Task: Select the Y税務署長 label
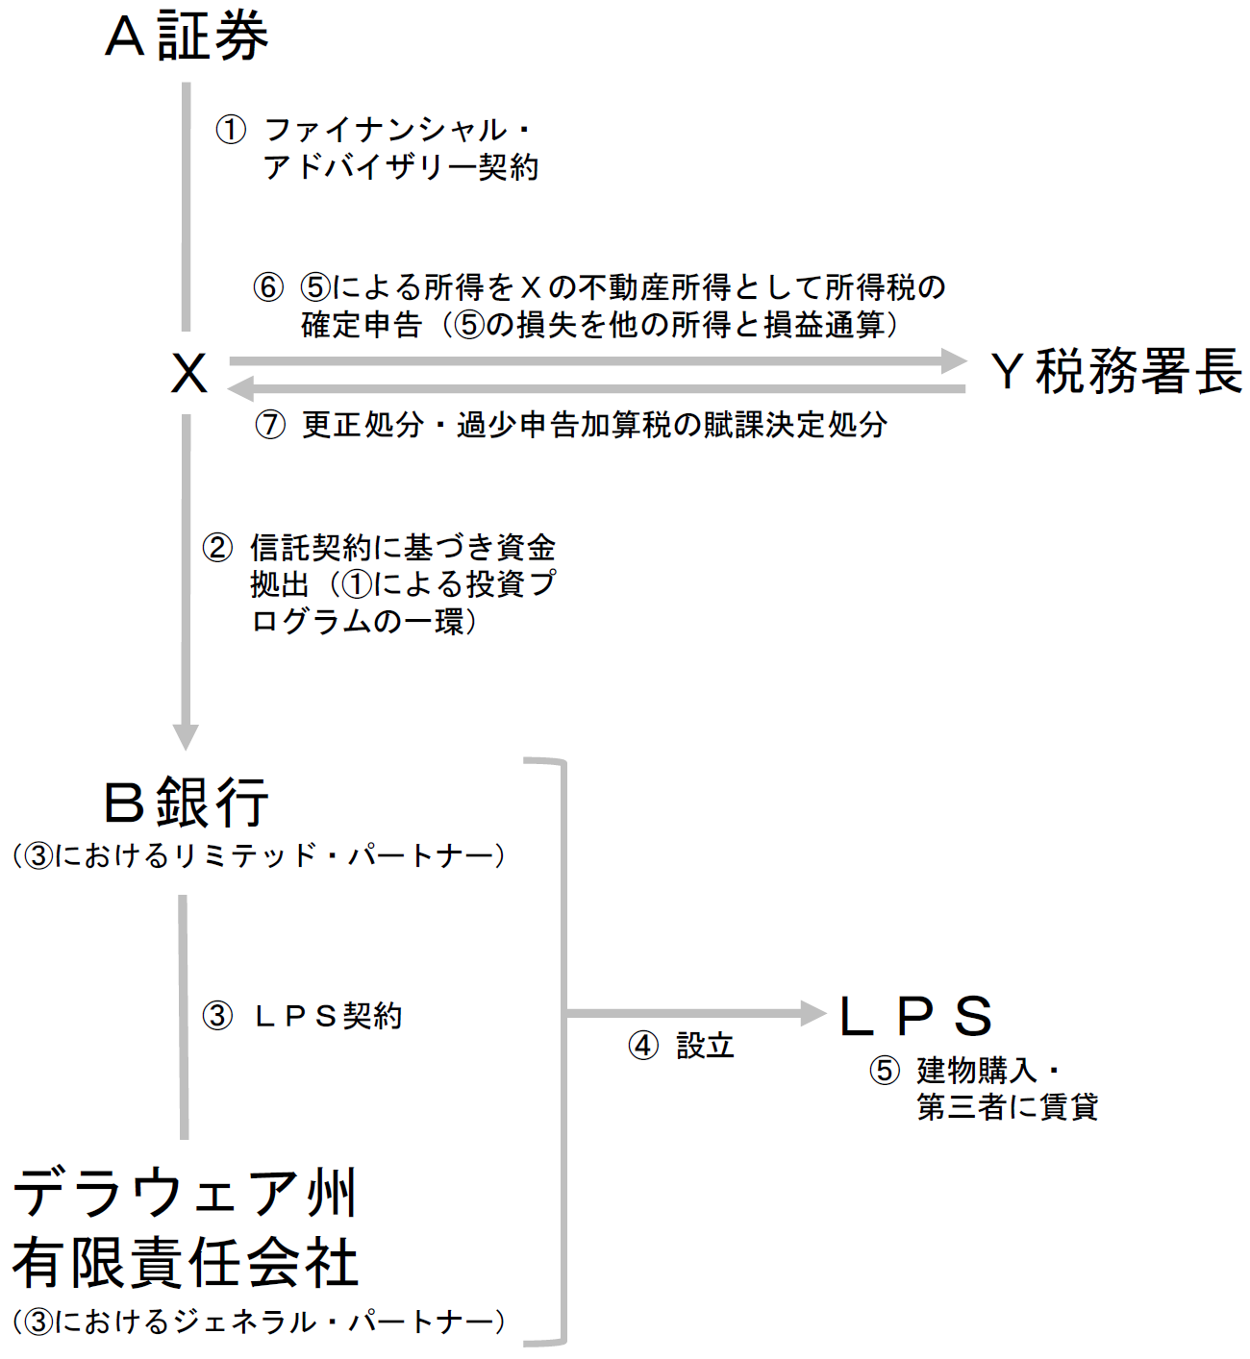pyautogui.click(x=1115, y=372)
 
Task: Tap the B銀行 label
pyautogui.click(x=187, y=803)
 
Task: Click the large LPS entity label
pyautogui.click(x=915, y=1017)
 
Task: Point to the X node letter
pyautogui.click(x=189, y=373)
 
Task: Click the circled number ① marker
pyautogui.click(x=231, y=130)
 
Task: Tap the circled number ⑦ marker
pyautogui.click(x=270, y=424)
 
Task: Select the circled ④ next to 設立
pyautogui.click(x=643, y=1046)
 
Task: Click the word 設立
pyautogui.click(x=705, y=1046)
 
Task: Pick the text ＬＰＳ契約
pyautogui.click(x=327, y=1016)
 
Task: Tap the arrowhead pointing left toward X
pyautogui.click(x=240, y=388)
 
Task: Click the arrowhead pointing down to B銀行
pyautogui.click(x=186, y=736)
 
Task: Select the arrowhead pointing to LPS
pyautogui.click(x=813, y=1012)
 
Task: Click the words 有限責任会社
pyautogui.click(x=186, y=1262)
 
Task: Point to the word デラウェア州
pyautogui.click(x=186, y=1193)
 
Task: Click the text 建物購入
pyautogui.click(x=977, y=1070)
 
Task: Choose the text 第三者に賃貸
pyautogui.click(x=1007, y=1107)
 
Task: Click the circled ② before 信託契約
pyautogui.click(x=217, y=548)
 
